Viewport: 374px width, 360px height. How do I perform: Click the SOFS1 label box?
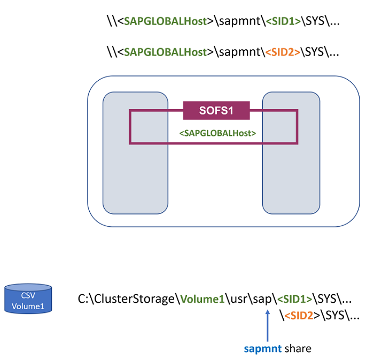point(216,110)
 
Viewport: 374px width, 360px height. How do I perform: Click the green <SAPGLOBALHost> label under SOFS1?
point(217,132)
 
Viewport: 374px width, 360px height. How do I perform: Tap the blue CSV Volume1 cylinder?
point(28,298)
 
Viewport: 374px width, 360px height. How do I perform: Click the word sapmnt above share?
point(259,348)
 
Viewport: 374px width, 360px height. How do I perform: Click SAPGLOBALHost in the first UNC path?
point(165,21)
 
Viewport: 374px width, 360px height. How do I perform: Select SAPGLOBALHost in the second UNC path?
point(165,52)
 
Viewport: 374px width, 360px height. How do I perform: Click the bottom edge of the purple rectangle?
point(214,143)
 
